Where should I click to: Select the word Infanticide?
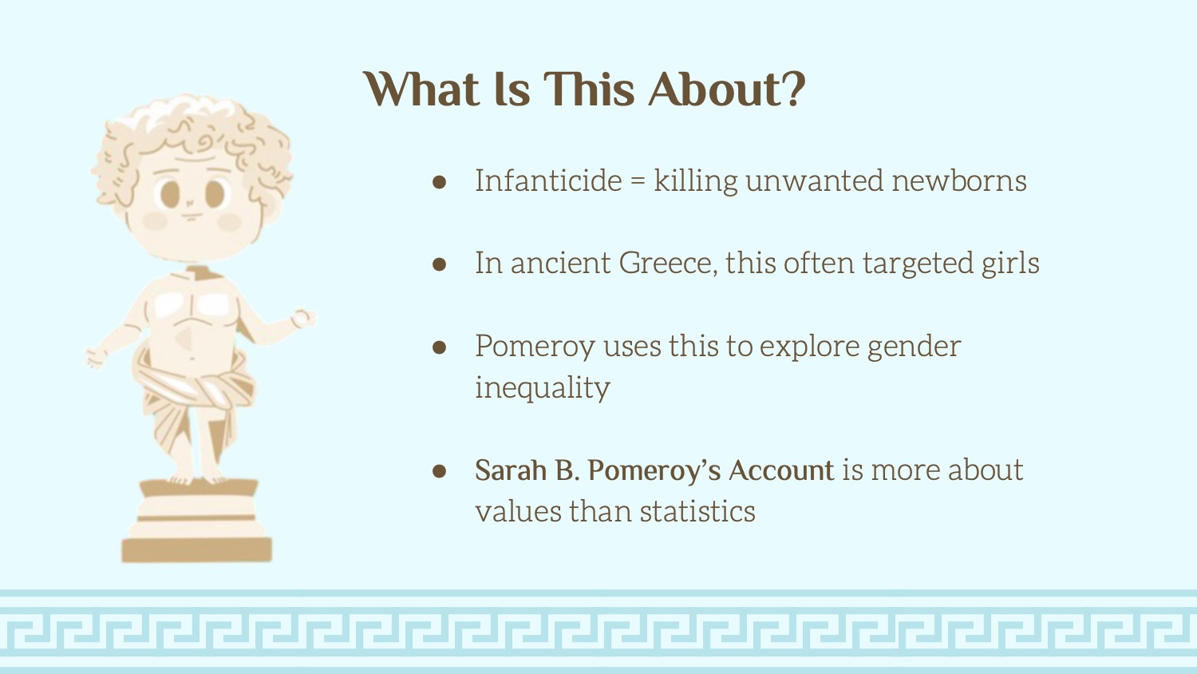[x=548, y=180]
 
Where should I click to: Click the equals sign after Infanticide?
[x=638, y=182]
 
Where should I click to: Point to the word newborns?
[x=958, y=180]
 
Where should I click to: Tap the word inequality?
[x=543, y=389]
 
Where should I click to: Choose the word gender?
[x=914, y=347]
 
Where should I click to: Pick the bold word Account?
[x=780, y=470]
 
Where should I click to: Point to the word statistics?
[x=697, y=511]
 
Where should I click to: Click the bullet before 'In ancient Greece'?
[x=439, y=264]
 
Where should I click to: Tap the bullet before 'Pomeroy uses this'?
[x=439, y=347]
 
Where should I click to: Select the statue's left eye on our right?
[x=215, y=194]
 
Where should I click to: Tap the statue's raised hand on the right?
[x=303, y=318]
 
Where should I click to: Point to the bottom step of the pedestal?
[x=196, y=550]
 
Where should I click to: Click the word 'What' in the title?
[x=421, y=89]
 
